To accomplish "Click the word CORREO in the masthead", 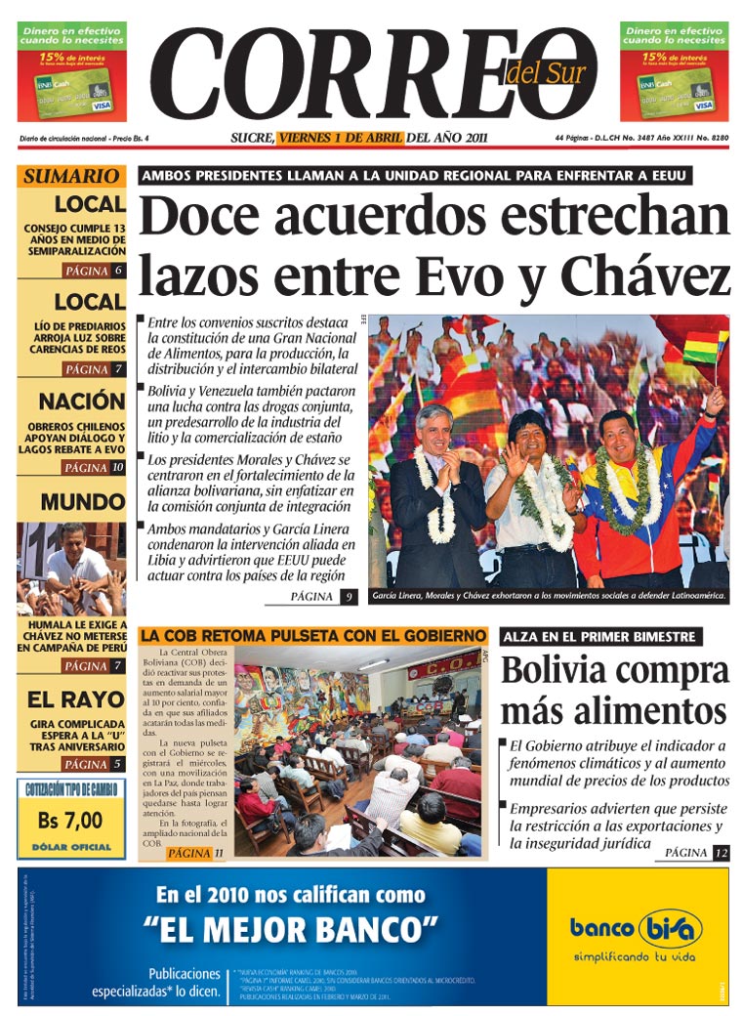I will click(361, 73).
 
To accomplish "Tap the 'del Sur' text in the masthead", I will click(542, 72).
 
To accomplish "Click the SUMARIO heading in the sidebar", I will click(70, 177).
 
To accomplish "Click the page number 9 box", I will click(349, 596).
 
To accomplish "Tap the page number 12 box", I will click(721, 853).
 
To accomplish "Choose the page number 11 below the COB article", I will click(219, 853).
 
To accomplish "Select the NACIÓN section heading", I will click(82, 401).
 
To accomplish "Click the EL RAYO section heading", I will click(76, 699).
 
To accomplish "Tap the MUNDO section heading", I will click(83, 502).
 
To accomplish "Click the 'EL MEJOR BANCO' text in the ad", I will click(290, 924).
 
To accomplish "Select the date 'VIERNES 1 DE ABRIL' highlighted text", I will click(340, 138).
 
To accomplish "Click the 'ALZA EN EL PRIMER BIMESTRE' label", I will click(599, 637).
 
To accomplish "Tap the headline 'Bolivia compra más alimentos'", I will click(614, 690).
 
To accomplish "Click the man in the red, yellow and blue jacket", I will click(630, 498).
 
